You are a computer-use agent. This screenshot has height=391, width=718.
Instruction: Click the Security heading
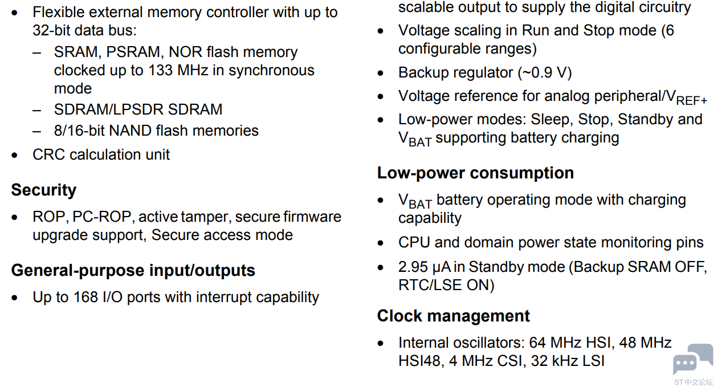[43, 190]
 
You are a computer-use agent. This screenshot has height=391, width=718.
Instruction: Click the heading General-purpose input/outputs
[133, 270]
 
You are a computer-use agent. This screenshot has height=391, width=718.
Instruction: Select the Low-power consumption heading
[475, 173]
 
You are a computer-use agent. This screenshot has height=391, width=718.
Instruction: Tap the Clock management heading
[453, 316]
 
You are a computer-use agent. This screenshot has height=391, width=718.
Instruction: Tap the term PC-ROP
[101, 217]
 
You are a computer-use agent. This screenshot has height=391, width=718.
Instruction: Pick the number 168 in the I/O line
[85, 297]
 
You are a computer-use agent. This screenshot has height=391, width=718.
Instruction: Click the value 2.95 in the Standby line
[413, 267]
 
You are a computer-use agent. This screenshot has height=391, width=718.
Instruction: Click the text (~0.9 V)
[545, 72]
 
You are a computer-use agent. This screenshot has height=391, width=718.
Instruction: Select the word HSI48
[421, 361]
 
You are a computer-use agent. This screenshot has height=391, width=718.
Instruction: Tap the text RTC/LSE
[430, 285]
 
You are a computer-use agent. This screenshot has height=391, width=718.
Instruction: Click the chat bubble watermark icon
[693, 359]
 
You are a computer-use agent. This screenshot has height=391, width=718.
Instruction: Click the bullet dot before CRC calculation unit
[14, 156]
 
